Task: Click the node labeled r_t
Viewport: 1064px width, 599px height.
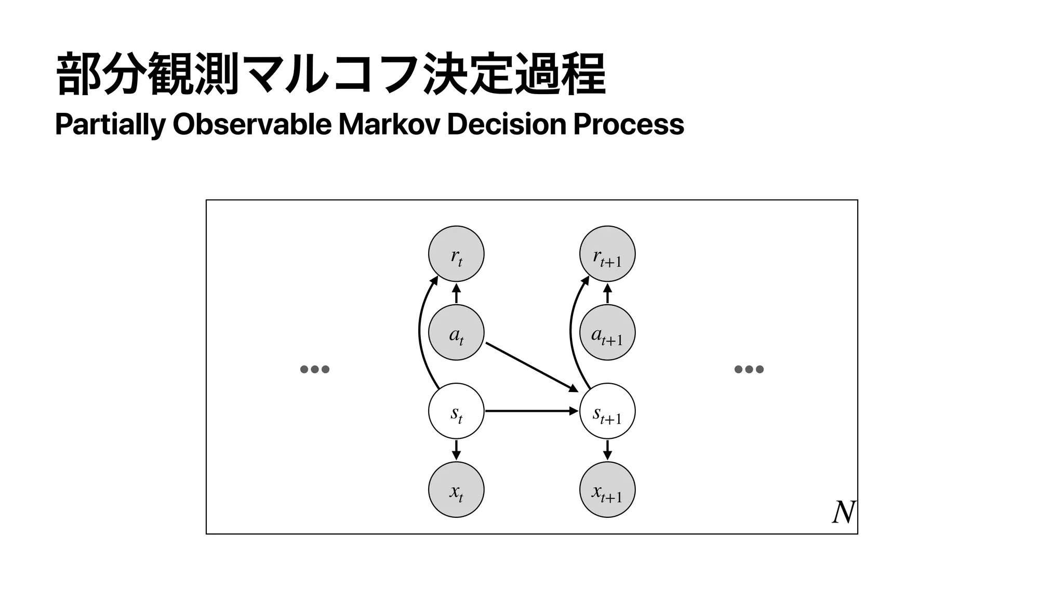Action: [456, 254]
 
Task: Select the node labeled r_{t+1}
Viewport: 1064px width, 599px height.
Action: [607, 254]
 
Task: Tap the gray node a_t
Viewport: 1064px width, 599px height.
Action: [456, 332]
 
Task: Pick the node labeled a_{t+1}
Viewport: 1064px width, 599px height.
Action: [607, 332]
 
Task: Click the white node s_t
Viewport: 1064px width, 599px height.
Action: [456, 411]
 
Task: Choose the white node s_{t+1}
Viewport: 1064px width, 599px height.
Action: [607, 411]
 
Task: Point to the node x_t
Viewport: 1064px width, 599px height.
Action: [456, 489]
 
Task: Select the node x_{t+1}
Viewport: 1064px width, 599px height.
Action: [607, 489]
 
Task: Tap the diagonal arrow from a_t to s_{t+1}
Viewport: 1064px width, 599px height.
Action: [531, 367]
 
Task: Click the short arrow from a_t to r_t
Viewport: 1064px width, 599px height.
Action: [456, 294]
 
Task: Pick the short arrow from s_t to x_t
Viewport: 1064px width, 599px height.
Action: [456, 450]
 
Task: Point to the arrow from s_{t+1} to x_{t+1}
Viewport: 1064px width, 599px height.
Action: [607, 450]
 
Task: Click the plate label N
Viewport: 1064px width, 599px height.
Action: [843, 513]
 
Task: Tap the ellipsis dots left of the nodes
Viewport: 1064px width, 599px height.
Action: [315, 369]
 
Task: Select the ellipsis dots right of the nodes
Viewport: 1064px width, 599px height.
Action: [749, 369]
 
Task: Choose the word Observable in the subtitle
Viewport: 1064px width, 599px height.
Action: [251, 124]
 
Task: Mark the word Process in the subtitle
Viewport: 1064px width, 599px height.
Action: [628, 124]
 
